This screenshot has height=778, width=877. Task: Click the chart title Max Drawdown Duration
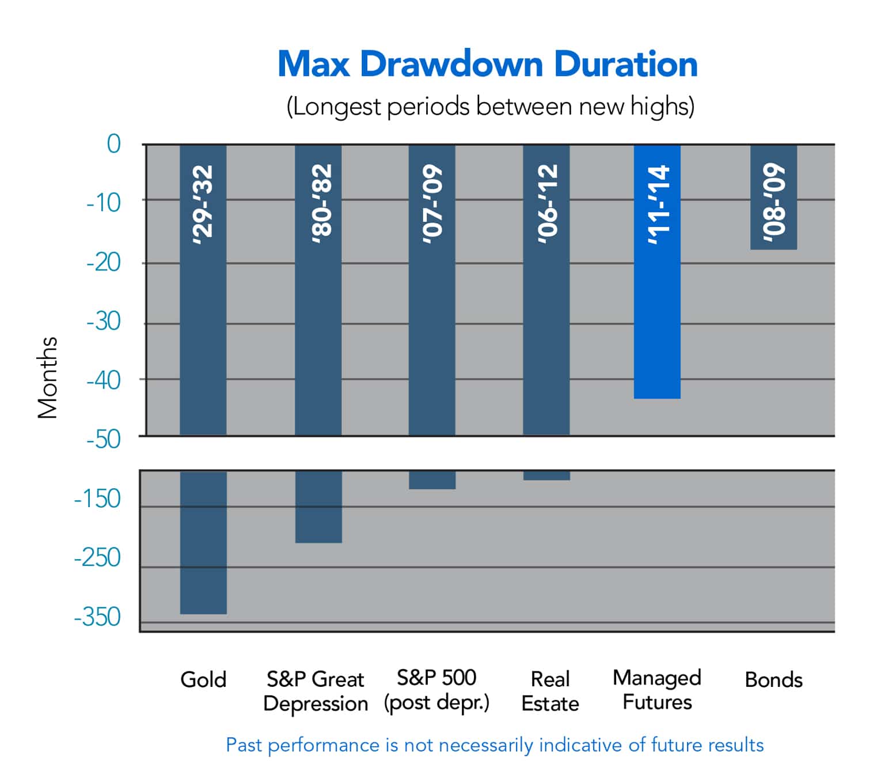[x=487, y=64]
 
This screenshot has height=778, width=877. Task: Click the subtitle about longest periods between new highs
[x=490, y=107]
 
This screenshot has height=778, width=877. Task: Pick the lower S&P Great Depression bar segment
[x=318, y=507]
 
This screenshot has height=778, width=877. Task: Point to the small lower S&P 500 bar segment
[x=432, y=480]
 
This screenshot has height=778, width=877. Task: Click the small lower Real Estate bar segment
[x=546, y=475]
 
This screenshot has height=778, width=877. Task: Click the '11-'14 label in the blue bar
[x=658, y=205]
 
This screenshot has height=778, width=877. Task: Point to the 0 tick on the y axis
[x=113, y=144]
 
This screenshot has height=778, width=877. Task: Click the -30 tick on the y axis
[x=104, y=321]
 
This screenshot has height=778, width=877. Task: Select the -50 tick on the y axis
[x=104, y=440]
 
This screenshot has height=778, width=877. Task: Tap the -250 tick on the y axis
[x=97, y=558]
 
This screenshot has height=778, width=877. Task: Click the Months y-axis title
[x=48, y=377]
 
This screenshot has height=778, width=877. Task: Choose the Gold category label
[x=203, y=680]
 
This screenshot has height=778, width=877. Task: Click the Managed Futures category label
[x=657, y=690]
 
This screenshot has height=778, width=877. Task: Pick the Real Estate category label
[x=550, y=692]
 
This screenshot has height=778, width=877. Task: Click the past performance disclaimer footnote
[x=495, y=745]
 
